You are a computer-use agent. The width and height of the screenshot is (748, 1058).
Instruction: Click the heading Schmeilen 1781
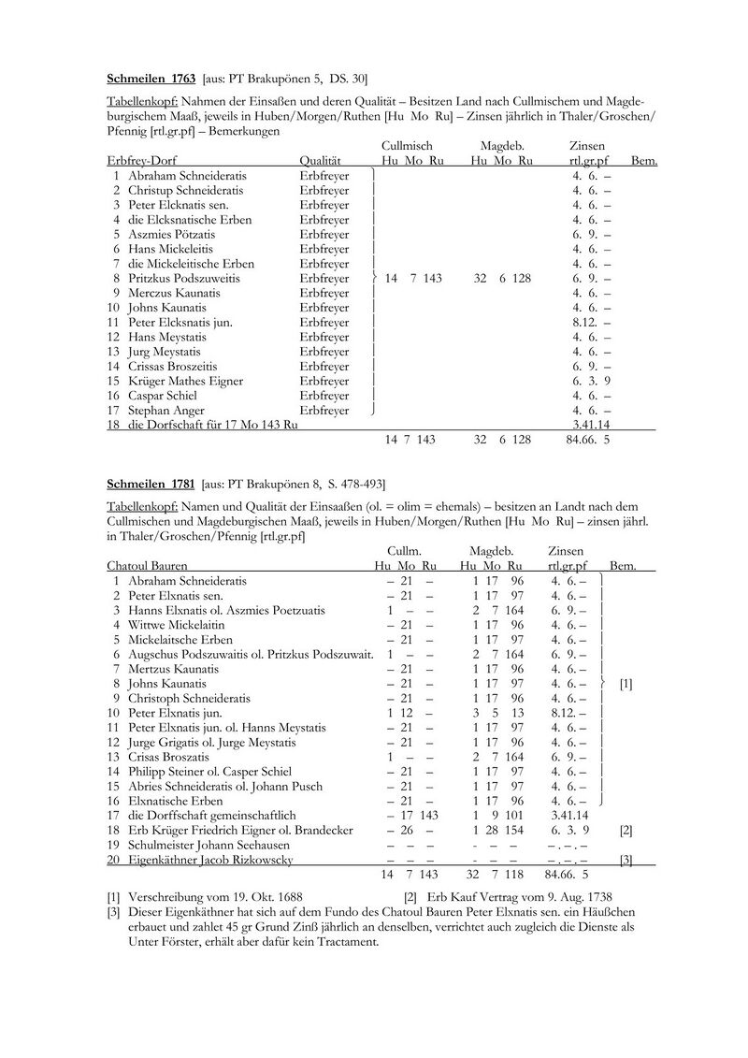[x=150, y=484]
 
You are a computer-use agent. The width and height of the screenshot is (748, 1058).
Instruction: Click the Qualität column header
[x=321, y=161]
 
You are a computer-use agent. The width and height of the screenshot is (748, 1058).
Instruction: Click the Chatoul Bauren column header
[x=147, y=566]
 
